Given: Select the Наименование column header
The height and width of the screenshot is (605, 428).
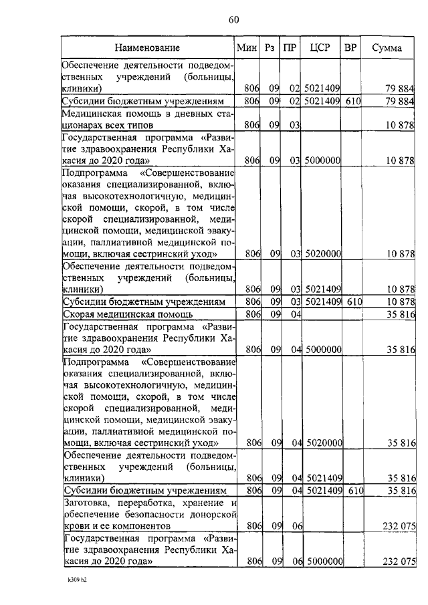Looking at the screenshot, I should [x=146, y=48].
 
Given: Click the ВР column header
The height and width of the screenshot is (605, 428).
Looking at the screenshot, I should [x=350, y=48].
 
